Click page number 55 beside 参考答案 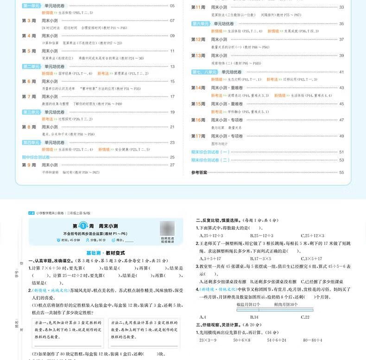coord(341,172)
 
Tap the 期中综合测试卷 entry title coord(36,157)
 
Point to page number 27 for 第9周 coord(172,165)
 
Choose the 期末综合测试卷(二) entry coord(210,160)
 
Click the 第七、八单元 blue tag coord(204,72)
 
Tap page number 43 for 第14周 coord(341,88)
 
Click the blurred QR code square coord(168,229)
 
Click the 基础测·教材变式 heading coord(102,253)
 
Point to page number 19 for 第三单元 coord(172,112)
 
